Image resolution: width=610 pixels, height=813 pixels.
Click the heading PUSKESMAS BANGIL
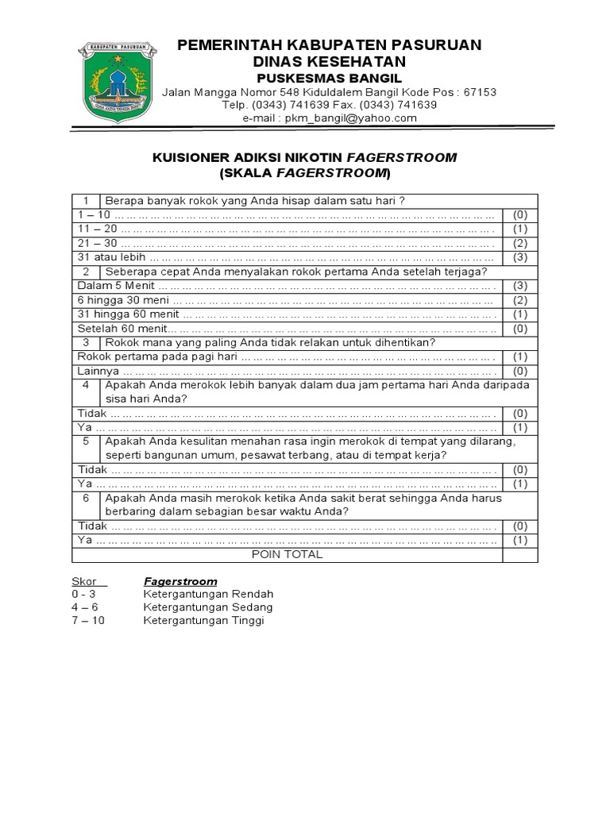click(329, 78)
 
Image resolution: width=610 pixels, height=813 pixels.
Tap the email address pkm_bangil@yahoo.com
click(329, 118)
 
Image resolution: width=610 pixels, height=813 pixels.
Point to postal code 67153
click(479, 92)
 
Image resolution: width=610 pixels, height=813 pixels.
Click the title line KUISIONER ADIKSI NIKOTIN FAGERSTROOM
click(304, 157)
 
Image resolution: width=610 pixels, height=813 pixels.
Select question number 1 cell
click(85, 200)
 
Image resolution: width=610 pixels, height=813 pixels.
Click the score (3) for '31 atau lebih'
click(520, 257)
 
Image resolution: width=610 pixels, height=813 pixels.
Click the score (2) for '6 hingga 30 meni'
click(520, 300)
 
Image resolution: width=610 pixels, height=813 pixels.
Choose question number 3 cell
click(85, 342)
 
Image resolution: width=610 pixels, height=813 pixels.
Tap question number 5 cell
click(85, 441)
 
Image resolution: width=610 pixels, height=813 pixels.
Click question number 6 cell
click(85, 498)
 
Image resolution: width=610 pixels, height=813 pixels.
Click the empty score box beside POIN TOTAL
click(520, 555)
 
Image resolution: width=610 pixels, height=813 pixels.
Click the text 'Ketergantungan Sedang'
click(208, 607)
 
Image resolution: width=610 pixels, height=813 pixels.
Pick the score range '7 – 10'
click(87, 621)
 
